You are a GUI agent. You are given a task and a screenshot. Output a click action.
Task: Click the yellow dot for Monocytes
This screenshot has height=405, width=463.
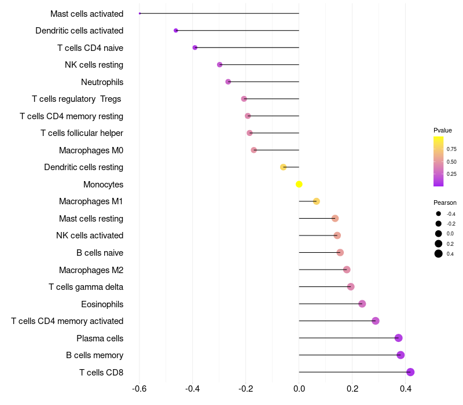click(x=299, y=184)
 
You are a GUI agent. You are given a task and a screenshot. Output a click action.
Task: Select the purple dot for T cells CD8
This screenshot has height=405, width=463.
click(x=410, y=372)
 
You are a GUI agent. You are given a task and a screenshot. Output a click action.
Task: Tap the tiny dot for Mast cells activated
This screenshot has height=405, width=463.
click(x=139, y=13)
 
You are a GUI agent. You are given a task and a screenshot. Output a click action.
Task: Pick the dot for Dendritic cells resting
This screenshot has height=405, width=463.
click(x=283, y=167)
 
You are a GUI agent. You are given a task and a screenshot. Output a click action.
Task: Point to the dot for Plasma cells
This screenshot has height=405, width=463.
click(x=398, y=338)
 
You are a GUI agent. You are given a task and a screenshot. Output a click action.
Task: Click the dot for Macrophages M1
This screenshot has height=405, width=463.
click(x=316, y=201)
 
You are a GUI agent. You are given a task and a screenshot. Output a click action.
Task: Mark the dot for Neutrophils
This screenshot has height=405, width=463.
click(x=228, y=82)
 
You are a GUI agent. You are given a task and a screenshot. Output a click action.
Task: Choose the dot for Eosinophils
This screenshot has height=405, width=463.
click(x=362, y=304)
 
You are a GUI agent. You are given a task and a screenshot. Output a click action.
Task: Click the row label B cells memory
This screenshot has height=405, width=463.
click(x=94, y=355)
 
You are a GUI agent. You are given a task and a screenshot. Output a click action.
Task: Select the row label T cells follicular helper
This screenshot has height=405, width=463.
click(x=82, y=133)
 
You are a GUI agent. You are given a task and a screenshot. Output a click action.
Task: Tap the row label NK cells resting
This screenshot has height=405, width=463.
click(x=94, y=65)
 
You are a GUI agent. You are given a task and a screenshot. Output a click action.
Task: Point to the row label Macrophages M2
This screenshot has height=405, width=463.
click(x=91, y=270)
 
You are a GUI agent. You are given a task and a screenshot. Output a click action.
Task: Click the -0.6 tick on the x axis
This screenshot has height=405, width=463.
click(x=139, y=388)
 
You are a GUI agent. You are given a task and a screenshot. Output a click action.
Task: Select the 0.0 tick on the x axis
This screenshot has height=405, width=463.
click(x=299, y=388)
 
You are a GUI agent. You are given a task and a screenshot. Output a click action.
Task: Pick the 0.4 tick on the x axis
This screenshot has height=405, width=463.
click(x=406, y=388)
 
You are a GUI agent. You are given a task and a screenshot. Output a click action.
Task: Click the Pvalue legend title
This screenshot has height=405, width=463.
click(x=443, y=130)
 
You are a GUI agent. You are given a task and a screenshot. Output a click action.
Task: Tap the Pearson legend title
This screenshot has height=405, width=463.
click(x=444, y=203)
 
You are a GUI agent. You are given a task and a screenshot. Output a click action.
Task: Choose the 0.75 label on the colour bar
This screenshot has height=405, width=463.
click(x=451, y=149)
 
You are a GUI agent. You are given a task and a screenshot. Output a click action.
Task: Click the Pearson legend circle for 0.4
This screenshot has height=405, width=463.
click(x=439, y=253)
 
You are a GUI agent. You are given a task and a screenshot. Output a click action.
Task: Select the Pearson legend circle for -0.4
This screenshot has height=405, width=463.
click(x=439, y=213)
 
